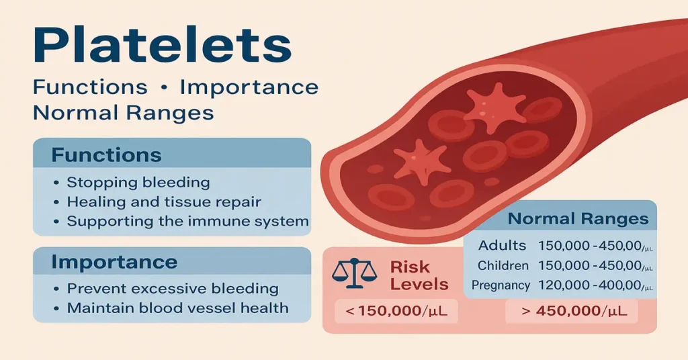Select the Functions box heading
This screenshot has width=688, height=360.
click(107, 156)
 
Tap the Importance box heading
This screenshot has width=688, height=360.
click(115, 262)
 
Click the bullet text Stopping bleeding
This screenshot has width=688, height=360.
click(138, 183)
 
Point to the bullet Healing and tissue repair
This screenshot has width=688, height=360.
click(164, 201)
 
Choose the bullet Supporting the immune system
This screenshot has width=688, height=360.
click(187, 221)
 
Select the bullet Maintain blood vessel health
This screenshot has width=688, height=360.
click(177, 308)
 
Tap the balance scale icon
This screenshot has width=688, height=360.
click(351, 275)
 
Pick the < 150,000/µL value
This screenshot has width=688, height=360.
click(395, 311)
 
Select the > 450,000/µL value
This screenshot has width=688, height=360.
click(570, 311)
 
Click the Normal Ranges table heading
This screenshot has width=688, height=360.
click(578, 219)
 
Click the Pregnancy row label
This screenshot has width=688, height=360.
click(501, 285)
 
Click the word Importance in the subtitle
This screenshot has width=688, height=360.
click(249, 87)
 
